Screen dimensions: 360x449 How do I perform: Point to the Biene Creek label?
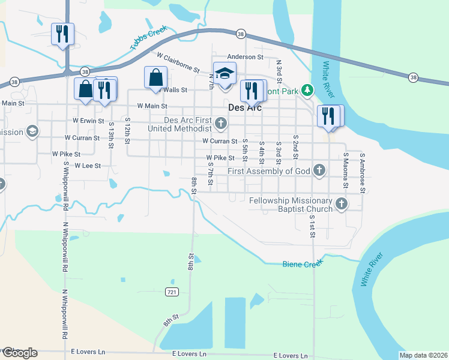tap(303, 263)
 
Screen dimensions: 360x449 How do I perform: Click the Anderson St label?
tap(249, 57)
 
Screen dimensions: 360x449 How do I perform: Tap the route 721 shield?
tap(172, 292)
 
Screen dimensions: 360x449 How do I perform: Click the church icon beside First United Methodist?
tap(221, 124)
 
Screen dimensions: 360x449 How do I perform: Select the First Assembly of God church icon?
tap(319, 171)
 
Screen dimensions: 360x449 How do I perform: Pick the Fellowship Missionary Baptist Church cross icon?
tap(342, 204)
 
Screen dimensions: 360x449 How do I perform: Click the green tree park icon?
tap(307, 90)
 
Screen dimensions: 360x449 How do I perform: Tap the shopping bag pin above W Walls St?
tap(155, 77)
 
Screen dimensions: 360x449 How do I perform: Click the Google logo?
tap(20, 353)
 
